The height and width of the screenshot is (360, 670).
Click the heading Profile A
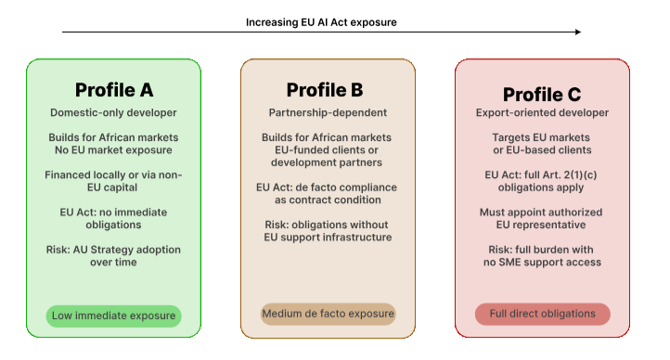pyautogui.click(x=114, y=90)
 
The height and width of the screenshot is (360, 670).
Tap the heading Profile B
pyautogui.click(x=325, y=90)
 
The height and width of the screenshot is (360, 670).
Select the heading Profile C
pyautogui.click(x=542, y=95)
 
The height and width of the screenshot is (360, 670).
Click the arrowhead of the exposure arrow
pyautogui.click(x=578, y=32)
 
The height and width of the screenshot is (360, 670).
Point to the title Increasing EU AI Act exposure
pyautogui.click(x=321, y=22)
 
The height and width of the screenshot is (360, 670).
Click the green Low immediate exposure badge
pyautogui.click(x=113, y=316)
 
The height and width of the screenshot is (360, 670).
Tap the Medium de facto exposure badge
pyautogui.click(x=329, y=314)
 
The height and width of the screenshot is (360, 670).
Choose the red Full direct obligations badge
pyautogui.click(x=543, y=314)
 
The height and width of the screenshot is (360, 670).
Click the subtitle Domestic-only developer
pyautogui.click(x=113, y=113)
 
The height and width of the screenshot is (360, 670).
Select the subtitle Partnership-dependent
pyautogui.click(x=328, y=113)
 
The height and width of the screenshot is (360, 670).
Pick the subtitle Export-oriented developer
pyautogui.click(x=542, y=113)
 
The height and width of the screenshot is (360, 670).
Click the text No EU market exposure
pyautogui.click(x=113, y=150)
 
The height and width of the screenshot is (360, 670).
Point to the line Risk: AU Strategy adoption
pyautogui.click(x=113, y=250)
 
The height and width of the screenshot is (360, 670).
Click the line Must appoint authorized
pyautogui.click(x=541, y=212)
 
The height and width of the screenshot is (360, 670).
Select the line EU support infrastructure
pyautogui.click(x=328, y=238)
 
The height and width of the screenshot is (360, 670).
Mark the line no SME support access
pyautogui.click(x=542, y=263)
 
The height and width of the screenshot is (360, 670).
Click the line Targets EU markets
pyautogui.click(x=541, y=137)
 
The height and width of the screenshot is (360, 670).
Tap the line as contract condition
pyautogui.click(x=328, y=199)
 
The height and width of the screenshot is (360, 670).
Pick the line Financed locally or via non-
pyautogui.click(x=113, y=175)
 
